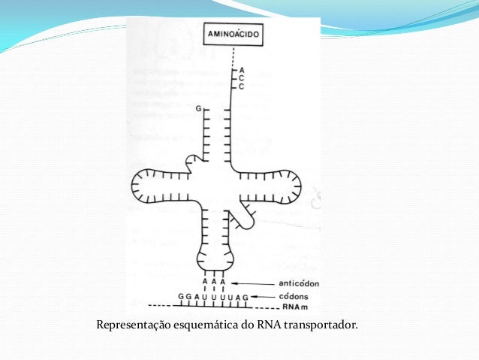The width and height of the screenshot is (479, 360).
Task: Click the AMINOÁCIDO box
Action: [x=233, y=35]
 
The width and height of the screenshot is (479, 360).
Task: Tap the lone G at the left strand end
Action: [x=199, y=110]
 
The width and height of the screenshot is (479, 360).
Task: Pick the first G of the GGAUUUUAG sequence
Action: [x=180, y=298]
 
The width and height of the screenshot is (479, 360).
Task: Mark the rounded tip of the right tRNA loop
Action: [x=297, y=184]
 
